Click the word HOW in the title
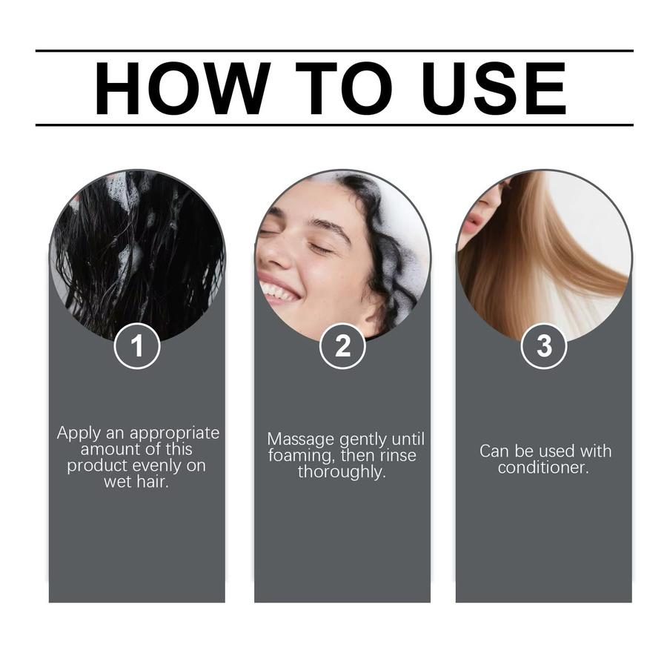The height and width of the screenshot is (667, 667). point(182,88)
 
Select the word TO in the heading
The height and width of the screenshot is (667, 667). point(344,88)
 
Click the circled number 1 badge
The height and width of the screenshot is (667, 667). point(137,345)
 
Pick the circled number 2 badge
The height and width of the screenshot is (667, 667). point(342,345)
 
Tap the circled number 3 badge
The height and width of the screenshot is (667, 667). point(544,345)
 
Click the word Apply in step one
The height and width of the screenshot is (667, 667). point(79,434)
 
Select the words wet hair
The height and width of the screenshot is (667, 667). point(136,482)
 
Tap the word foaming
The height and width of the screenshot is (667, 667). point(302,457)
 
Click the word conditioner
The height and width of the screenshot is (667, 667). point(543,468)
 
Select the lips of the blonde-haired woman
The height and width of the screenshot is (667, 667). point(473,223)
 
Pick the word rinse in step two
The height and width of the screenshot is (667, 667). point(398,456)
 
